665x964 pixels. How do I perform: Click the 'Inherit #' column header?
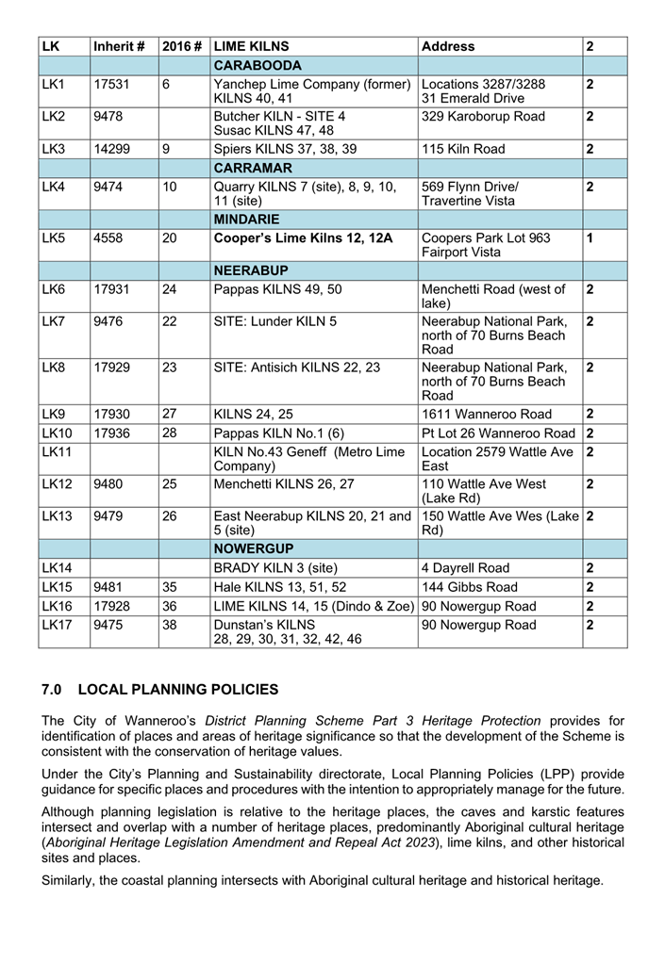(119, 46)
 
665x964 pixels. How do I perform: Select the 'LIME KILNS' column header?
(252, 46)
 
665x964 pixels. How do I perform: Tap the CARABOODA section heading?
(258, 66)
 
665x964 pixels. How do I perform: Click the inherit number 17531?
(111, 85)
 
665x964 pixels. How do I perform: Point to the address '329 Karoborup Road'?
(483, 117)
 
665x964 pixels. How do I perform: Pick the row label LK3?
(53, 149)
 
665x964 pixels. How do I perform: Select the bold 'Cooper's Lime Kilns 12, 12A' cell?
(303, 238)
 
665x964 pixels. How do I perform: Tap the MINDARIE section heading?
(252, 219)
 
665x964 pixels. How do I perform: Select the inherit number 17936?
(111, 433)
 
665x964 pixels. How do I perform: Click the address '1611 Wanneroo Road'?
(487, 414)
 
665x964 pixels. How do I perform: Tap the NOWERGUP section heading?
(255, 548)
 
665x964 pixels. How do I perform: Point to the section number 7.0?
(53, 691)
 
